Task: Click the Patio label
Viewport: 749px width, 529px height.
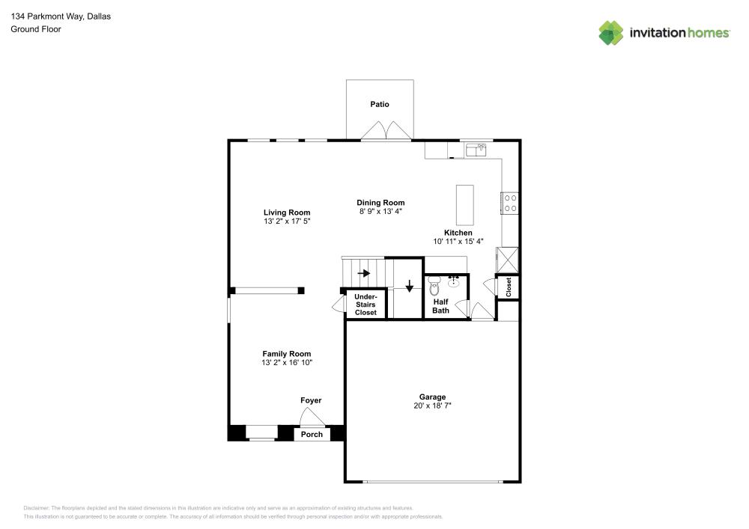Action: pyautogui.click(x=380, y=104)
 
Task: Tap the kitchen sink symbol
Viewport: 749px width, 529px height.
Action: pyautogui.click(x=476, y=150)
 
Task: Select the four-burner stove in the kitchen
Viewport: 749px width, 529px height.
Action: pyautogui.click(x=510, y=203)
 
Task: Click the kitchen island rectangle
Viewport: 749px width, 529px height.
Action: pyautogui.click(x=465, y=205)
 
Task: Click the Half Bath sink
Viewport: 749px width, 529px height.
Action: pyautogui.click(x=454, y=282)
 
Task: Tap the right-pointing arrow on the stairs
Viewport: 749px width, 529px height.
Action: pyautogui.click(x=364, y=273)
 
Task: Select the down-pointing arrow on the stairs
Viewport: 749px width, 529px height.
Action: pyautogui.click(x=409, y=287)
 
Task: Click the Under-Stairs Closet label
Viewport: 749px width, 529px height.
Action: pyautogui.click(x=366, y=305)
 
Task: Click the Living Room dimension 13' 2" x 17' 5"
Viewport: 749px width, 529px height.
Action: pyautogui.click(x=286, y=221)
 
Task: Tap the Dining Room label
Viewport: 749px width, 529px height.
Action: pyautogui.click(x=380, y=203)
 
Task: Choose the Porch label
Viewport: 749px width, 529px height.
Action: pyautogui.click(x=312, y=434)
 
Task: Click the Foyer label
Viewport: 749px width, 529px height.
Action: pyautogui.click(x=311, y=400)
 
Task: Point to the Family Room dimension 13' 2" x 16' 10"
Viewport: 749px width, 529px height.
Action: pyautogui.click(x=286, y=363)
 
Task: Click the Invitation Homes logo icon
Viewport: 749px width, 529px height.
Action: pyautogui.click(x=610, y=32)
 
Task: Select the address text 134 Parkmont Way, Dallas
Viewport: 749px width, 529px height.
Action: pyautogui.click(x=61, y=16)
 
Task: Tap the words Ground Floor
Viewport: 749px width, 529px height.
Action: pyautogui.click(x=36, y=29)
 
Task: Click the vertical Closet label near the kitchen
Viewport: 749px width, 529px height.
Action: pyautogui.click(x=509, y=287)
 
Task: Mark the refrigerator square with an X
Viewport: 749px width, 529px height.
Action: pyautogui.click(x=509, y=259)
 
